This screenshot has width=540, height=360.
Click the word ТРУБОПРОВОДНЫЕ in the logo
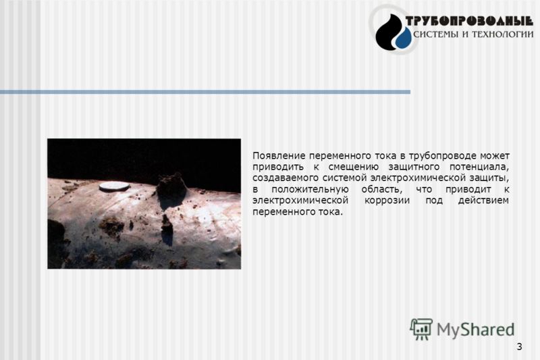tap(469, 22)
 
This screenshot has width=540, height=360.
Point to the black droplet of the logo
tap(387, 32)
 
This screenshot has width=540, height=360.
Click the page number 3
tap(519, 346)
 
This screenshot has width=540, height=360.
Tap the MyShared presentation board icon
tap(421, 329)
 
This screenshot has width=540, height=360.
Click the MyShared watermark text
tap(475, 330)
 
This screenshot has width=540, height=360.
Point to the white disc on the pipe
tap(115, 186)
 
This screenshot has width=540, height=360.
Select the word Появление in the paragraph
tap(279, 156)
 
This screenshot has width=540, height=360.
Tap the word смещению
tap(354, 168)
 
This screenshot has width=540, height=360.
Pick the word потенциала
tap(479, 168)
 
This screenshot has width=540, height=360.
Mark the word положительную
tap(310, 190)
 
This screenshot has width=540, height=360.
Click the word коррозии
tap(387, 201)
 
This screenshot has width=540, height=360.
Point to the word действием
tap(483, 201)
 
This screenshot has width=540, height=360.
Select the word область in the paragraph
tap(381, 190)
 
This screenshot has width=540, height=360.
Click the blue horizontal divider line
tap(205, 92)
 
